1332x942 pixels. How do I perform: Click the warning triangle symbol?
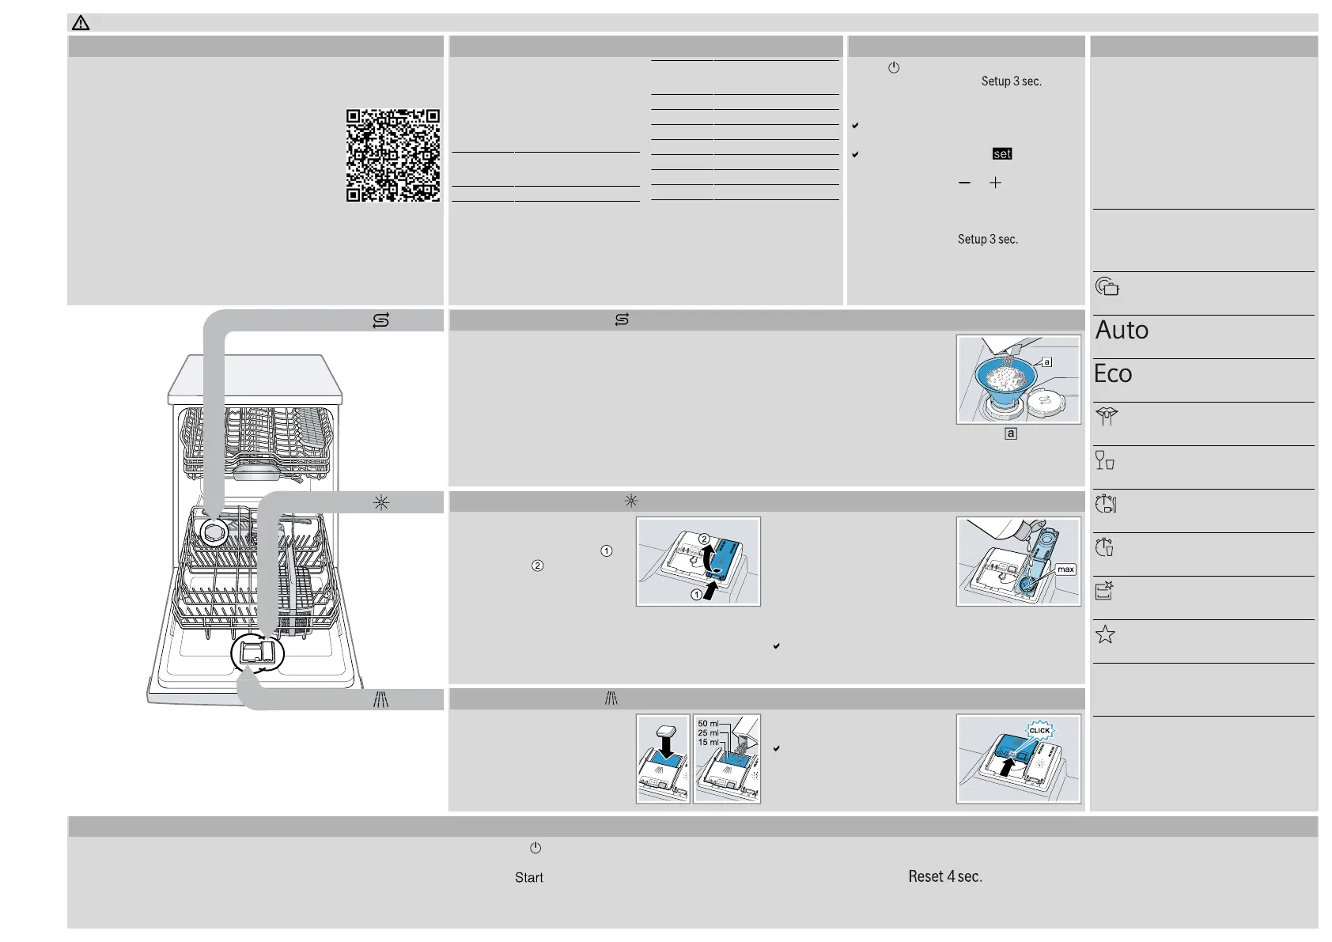[x=81, y=23]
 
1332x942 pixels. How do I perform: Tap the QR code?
[x=392, y=156]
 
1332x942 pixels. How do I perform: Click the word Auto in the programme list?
[x=1122, y=330]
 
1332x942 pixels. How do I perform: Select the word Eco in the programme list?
[x=1113, y=373]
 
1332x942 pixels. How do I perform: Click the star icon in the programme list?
[x=1105, y=634]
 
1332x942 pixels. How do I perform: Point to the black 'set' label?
[x=1002, y=154]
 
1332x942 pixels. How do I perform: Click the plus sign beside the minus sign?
[x=995, y=183]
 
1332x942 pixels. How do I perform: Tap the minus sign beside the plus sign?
[x=964, y=183]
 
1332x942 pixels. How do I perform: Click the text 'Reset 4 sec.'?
[x=944, y=876]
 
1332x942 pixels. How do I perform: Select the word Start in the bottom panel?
[x=528, y=877]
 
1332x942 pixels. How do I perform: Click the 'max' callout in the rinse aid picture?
[x=1065, y=569]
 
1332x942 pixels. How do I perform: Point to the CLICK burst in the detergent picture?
[x=1039, y=730]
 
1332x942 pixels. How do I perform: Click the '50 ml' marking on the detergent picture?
[x=707, y=724]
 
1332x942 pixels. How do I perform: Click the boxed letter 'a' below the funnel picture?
[x=1010, y=433]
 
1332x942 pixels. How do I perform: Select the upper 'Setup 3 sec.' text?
[x=1011, y=81]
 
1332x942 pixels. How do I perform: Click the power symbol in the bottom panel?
[x=535, y=848]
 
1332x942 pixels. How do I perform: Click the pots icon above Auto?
[x=1107, y=286]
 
